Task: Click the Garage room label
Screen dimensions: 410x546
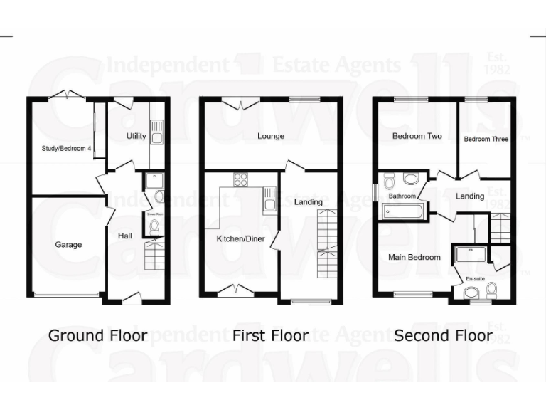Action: (68, 244)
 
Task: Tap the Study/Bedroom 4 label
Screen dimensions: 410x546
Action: (63, 148)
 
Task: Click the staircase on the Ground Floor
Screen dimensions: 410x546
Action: (154, 255)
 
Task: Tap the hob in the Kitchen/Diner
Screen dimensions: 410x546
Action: (240, 179)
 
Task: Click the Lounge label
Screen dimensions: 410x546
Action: (270, 136)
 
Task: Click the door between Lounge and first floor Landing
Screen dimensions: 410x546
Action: (294, 166)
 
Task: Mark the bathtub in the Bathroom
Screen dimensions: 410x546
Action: (402, 211)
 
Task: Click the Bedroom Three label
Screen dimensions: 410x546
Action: (486, 139)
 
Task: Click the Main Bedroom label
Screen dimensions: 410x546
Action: (414, 257)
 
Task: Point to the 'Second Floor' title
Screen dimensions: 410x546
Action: (443, 335)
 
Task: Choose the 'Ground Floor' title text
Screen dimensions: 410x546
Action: (97, 335)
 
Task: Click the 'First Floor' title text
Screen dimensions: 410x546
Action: (270, 335)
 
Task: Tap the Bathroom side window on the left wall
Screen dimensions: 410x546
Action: (377, 193)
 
